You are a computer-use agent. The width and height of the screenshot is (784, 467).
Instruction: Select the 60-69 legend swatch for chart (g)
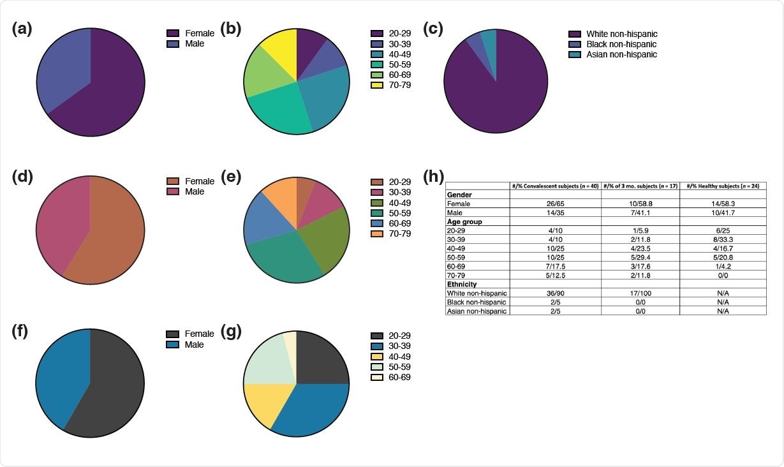tap(376, 377)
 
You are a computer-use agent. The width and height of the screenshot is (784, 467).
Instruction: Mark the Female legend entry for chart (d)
tap(199, 181)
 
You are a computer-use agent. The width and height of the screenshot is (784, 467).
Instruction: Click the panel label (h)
tap(434, 177)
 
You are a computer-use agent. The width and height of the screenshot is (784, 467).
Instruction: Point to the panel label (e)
tap(230, 177)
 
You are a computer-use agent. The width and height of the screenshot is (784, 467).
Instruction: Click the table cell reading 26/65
tap(555, 203)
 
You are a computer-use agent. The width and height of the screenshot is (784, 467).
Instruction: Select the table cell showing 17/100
tap(640, 293)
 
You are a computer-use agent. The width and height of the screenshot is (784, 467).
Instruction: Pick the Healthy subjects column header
tap(723, 186)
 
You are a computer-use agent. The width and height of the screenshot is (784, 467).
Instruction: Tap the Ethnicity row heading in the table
tap(462, 284)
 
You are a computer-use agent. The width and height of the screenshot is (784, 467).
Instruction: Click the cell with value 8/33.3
tap(723, 239)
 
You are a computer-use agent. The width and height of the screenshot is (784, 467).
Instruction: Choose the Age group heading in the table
tap(464, 221)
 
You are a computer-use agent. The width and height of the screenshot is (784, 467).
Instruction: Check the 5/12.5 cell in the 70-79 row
tap(555, 275)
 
